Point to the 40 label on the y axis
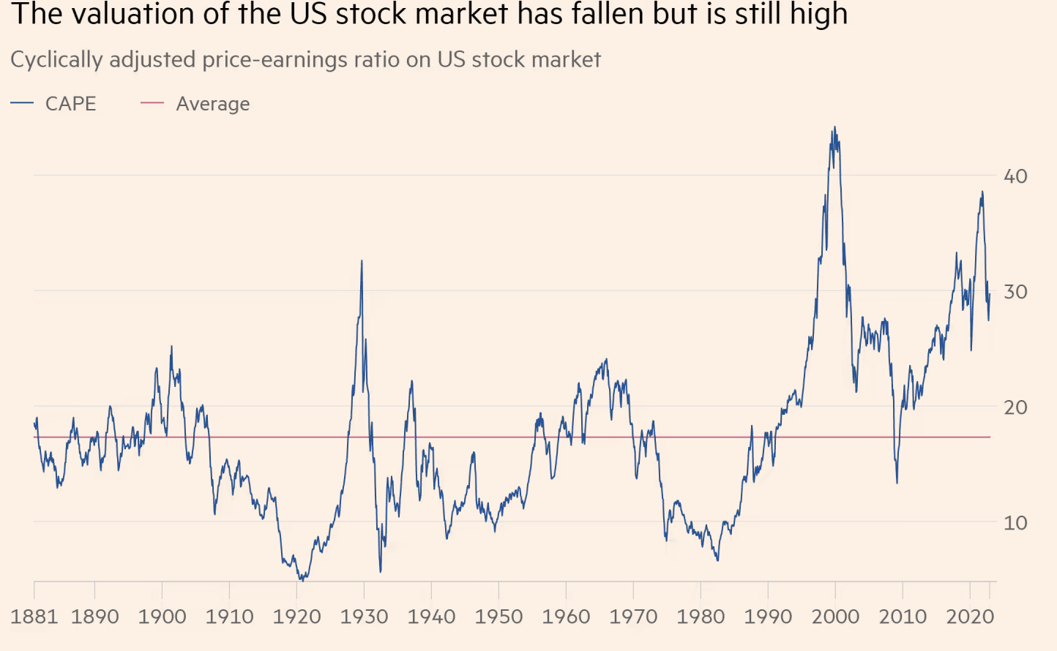pos(1015,176)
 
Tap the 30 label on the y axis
pos(1015,292)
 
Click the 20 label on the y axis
pos(1015,407)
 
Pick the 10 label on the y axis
pos(1015,523)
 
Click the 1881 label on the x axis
pos(34,617)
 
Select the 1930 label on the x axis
pos(364,617)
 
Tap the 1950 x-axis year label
pos(498,617)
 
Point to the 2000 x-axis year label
pos(835,617)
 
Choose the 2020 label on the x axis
pos(970,617)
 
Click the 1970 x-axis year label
pos(633,617)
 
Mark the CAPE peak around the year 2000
pos(834,128)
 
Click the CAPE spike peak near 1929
pos(362,261)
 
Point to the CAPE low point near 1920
pos(302,579)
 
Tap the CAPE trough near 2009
pos(897,482)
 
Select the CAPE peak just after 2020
pos(982,192)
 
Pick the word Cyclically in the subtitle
pos(56,60)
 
